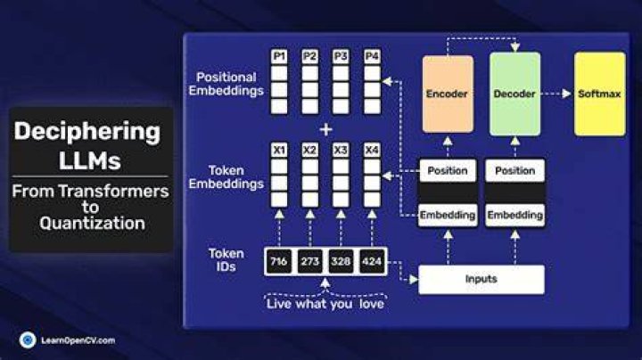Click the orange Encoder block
448,94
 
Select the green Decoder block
514,94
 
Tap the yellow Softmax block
600,94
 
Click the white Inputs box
481,280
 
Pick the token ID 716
279,261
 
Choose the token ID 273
310,261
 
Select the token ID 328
341,261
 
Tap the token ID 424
372,261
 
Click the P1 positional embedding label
279,56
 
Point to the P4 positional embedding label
372,56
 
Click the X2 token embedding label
310,150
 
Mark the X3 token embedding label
341,150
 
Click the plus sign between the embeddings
326,130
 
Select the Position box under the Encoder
448,170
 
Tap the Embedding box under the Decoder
515,215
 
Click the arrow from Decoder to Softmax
556,94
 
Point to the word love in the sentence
372,304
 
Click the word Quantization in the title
92,224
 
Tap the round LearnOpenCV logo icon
28,340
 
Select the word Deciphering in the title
87,132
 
